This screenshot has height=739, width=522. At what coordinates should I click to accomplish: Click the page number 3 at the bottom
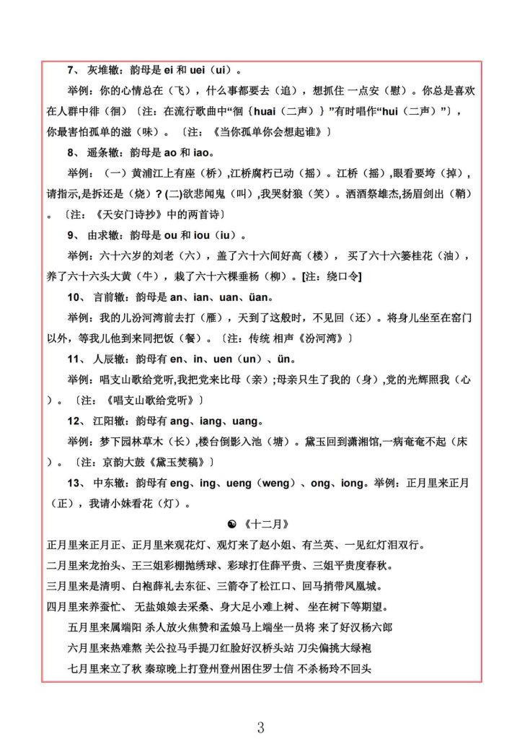(x=260, y=727)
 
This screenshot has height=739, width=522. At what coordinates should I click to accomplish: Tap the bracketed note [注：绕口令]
(x=332, y=276)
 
